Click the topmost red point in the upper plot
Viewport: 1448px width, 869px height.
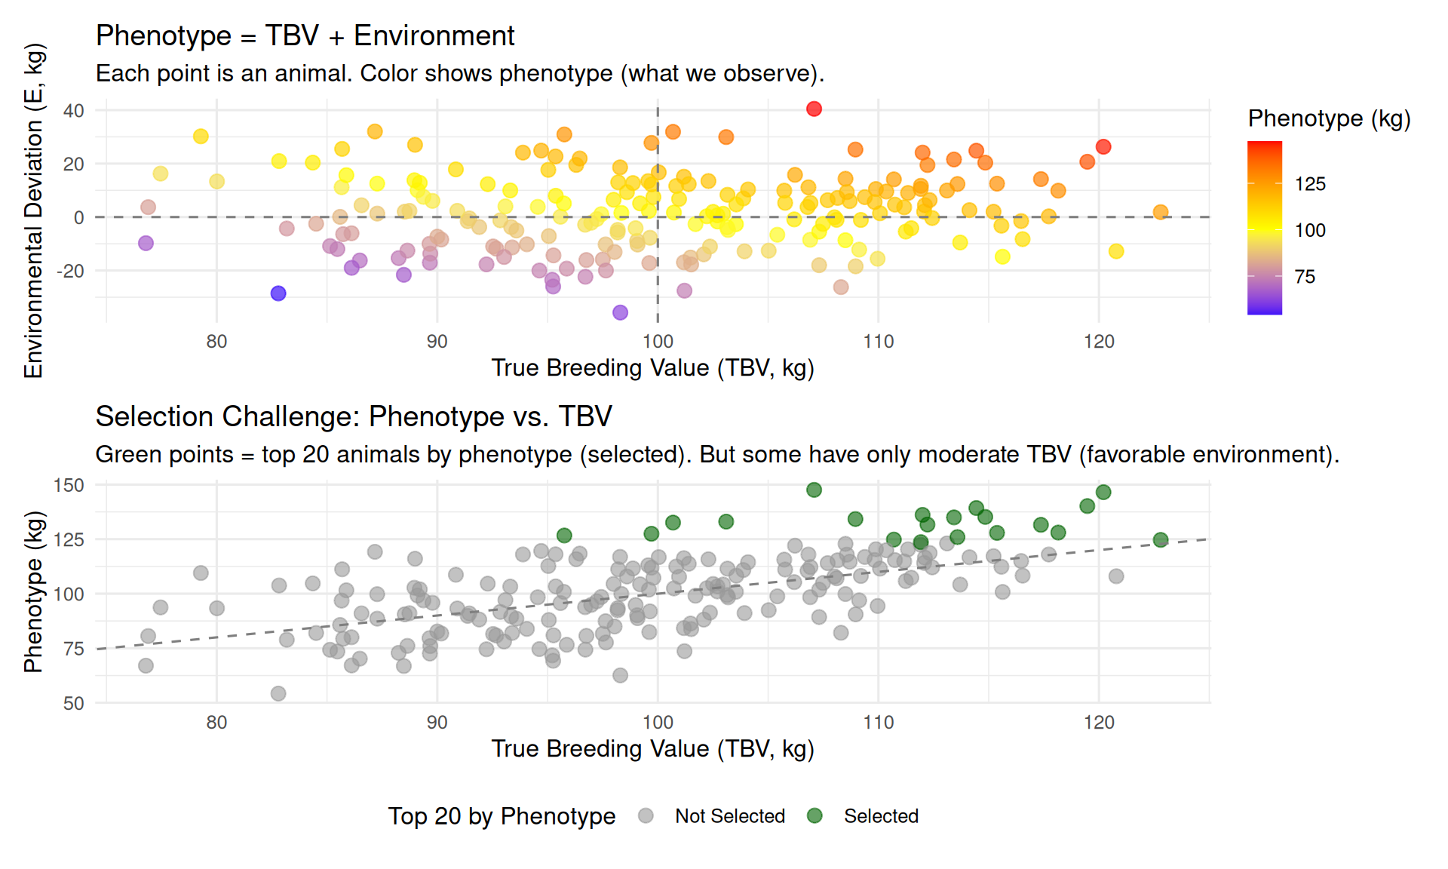pyautogui.click(x=814, y=109)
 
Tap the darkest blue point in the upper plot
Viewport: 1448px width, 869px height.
pyautogui.click(x=278, y=293)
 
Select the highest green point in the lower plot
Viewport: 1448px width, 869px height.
pyautogui.click(x=814, y=490)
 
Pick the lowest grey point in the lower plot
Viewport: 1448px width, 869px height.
pyautogui.click(x=278, y=693)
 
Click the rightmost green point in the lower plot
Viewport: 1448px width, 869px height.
pyautogui.click(x=1161, y=540)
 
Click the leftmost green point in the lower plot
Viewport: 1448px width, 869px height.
pyautogui.click(x=564, y=536)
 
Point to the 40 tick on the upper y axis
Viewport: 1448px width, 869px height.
pyautogui.click(x=74, y=111)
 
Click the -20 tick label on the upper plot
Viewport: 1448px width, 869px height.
pyautogui.click(x=70, y=271)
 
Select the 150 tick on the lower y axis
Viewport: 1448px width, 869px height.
pyautogui.click(x=69, y=486)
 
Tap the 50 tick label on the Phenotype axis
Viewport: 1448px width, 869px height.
pyautogui.click(x=74, y=704)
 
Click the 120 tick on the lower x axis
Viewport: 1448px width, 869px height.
pyautogui.click(x=1099, y=723)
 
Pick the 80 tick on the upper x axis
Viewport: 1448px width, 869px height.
pyautogui.click(x=216, y=342)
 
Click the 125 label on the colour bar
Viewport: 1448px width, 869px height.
pyautogui.click(x=1310, y=184)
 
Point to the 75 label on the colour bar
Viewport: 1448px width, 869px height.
pyautogui.click(x=1305, y=277)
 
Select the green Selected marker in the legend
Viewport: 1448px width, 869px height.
pyautogui.click(x=814, y=815)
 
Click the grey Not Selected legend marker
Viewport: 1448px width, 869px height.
pyautogui.click(x=646, y=815)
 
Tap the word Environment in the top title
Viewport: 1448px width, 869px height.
pyautogui.click(x=434, y=35)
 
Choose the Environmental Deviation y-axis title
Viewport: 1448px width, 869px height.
pyautogui.click(x=34, y=211)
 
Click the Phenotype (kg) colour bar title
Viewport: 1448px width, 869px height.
pyautogui.click(x=1329, y=118)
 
